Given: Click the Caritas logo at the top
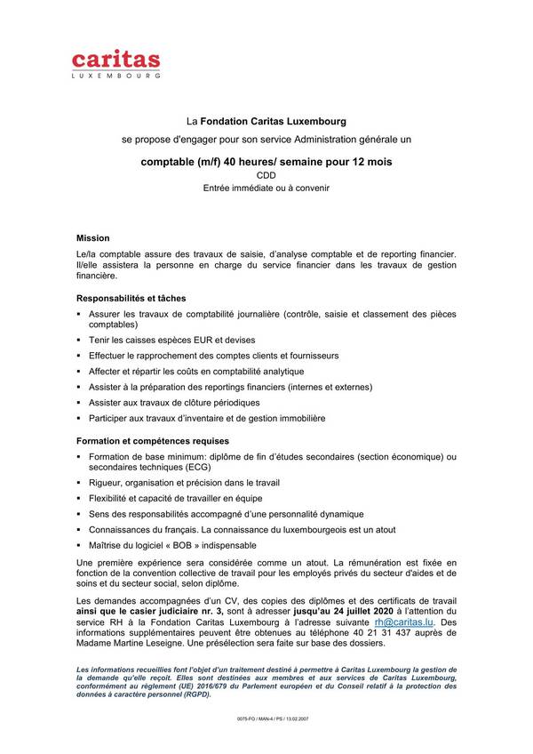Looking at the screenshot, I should [x=116, y=65].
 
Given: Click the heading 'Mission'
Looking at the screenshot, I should [x=92, y=238].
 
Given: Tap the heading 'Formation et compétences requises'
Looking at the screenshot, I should [x=153, y=440].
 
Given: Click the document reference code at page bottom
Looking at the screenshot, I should [x=266, y=717].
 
